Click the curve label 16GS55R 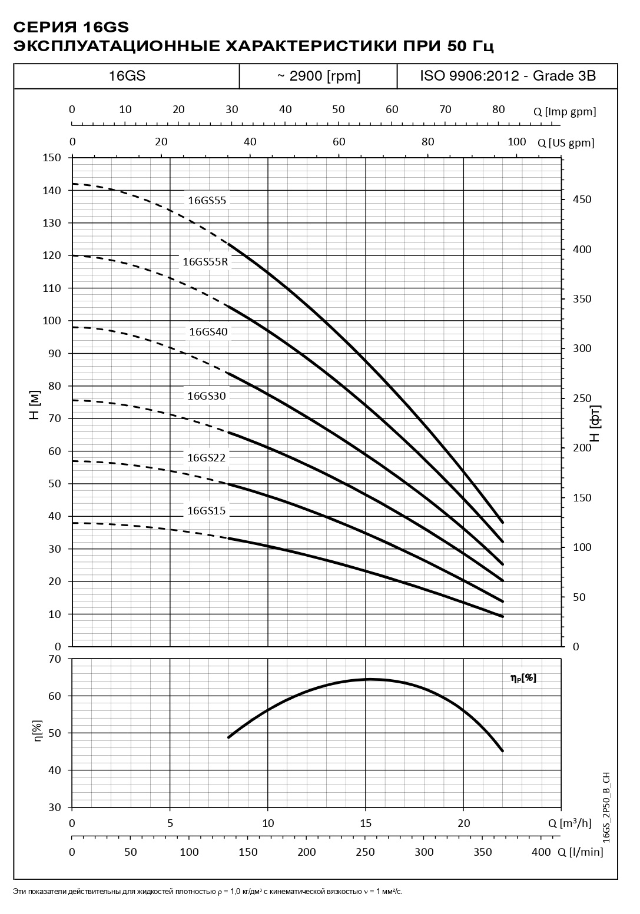[x=205, y=262]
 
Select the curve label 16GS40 [x=208, y=332]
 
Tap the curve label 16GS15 [x=206, y=511]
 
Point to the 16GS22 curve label [x=206, y=458]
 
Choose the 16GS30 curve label [x=206, y=396]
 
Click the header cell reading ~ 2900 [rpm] [x=318, y=76]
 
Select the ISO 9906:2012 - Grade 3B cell [x=508, y=76]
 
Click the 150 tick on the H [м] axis [x=52, y=158]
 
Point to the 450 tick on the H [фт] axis [x=582, y=200]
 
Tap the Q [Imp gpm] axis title [x=565, y=112]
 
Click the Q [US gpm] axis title [x=566, y=142]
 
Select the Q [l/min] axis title [x=579, y=852]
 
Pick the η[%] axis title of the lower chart [x=38, y=733]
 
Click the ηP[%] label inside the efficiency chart [x=523, y=678]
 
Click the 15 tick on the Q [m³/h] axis [x=366, y=823]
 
